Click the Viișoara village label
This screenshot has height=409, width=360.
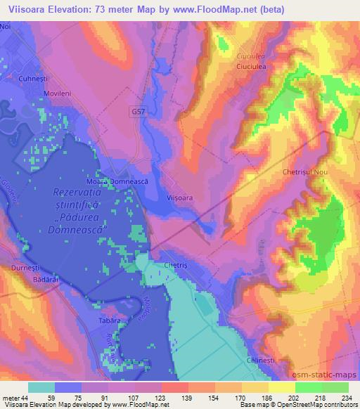(180, 199)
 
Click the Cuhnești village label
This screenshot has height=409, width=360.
(35, 79)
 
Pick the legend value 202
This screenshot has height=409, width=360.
(283, 398)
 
